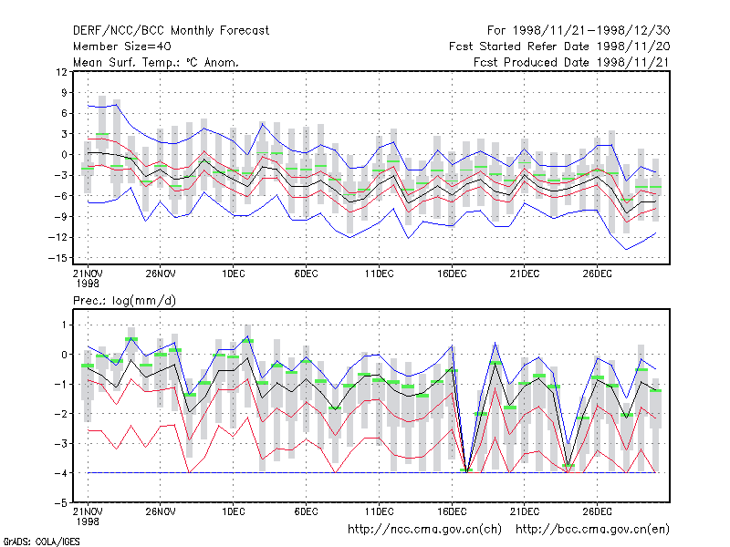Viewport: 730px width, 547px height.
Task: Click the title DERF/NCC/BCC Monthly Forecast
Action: (171, 31)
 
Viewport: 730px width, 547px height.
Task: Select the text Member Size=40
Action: (122, 46)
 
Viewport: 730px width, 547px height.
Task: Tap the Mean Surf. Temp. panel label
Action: (155, 62)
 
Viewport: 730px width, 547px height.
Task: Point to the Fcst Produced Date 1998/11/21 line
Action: (571, 62)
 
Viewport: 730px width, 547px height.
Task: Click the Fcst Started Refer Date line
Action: (559, 46)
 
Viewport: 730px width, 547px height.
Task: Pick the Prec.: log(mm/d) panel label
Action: (124, 301)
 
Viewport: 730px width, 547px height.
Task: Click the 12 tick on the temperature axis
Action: (61, 72)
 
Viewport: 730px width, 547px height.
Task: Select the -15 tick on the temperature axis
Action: (57, 258)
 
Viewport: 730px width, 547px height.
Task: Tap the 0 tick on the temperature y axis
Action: (64, 154)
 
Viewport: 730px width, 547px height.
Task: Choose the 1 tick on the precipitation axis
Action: (65, 325)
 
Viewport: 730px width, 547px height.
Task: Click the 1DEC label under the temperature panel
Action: (234, 273)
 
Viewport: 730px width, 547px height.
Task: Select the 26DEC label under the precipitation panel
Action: (598, 511)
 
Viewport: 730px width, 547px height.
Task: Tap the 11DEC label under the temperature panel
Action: (379, 273)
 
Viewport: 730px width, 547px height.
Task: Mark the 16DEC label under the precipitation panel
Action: (452, 511)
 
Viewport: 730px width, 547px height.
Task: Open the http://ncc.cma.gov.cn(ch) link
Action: (424, 530)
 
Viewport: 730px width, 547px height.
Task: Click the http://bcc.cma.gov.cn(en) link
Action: (592, 530)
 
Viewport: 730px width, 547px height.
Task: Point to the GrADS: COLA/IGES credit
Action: (41, 542)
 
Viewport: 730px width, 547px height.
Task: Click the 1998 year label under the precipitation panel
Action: (88, 521)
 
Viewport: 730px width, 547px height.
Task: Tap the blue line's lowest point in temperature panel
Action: (626, 250)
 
